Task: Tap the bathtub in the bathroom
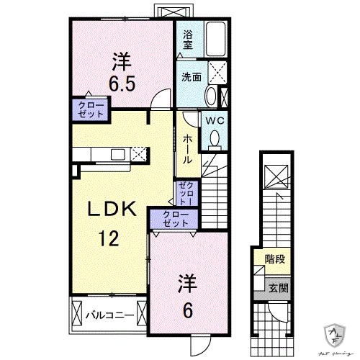pyautogui.click(x=216, y=37)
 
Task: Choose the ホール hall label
pyautogui.click(x=186, y=148)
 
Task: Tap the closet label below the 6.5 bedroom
pyautogui.click(x=90, y=110)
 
